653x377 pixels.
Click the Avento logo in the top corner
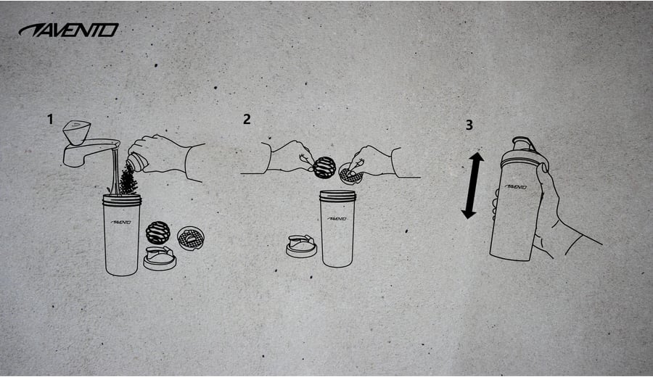(x=69, y=30)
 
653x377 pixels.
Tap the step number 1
(x=50, y=120)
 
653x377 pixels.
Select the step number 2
(x=247, y=119)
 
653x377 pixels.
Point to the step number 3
(x=469, y=125)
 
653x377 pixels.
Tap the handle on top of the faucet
(x=77, y=133)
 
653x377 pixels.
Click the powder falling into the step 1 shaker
(x=128, y=180)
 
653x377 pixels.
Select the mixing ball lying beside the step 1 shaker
(x=158, y=232)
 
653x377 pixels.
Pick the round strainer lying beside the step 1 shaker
(x=191, y=238)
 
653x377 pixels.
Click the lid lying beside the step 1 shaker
(x=160, y=258)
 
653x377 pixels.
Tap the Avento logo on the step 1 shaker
(x=121, y=222)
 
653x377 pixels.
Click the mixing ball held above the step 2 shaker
(x=324, y=167)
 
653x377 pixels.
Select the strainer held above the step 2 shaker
(x=350, y=174)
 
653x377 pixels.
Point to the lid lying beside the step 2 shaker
(x=302, y=246)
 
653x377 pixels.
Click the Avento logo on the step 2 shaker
(x=337, y=218)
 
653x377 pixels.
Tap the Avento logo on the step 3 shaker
(x=516, y=187)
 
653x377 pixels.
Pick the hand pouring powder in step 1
(x=167, y=155)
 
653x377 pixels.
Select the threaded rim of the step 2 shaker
(x=337, y=196)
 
